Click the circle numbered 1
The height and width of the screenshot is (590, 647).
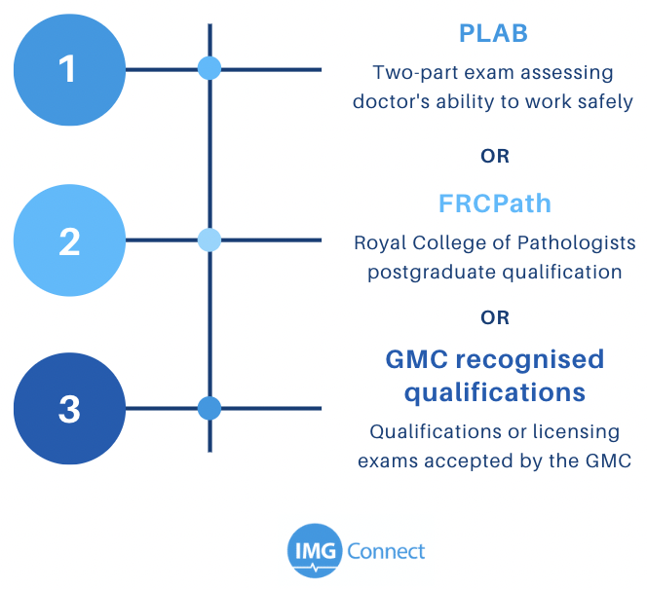(69, 70)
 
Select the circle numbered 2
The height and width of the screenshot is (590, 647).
(69, 240)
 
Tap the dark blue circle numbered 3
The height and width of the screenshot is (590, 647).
(69, 409)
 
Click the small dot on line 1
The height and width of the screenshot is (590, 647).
(209, 68)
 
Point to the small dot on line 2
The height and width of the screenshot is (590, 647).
(209, 240)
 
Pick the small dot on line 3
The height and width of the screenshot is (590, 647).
(209, 408)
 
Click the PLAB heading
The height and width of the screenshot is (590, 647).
(493, 33)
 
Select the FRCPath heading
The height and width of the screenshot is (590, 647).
(495, 203)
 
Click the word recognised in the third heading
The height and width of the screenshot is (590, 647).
(530, 359)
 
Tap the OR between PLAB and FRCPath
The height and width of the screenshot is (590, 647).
(495, 156)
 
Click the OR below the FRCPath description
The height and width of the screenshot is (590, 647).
(495, 318)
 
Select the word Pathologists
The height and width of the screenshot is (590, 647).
(577, 242)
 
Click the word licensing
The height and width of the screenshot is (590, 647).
(577, 432)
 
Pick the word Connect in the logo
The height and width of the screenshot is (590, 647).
(386, 551)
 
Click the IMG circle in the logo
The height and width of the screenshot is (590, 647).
(315, 551)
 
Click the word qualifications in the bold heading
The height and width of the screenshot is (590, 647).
(495, 393)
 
